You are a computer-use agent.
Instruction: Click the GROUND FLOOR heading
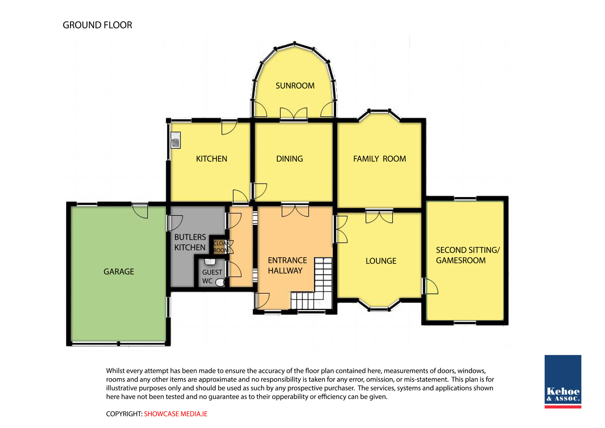[97, 25]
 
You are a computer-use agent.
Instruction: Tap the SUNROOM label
[295, 86]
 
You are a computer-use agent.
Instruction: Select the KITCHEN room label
[211, 159]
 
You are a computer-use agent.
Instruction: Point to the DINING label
[289, 159]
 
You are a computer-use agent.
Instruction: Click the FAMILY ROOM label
[380, 159]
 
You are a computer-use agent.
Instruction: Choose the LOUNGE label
[381, 261]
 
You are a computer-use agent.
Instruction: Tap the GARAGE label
[119, 272]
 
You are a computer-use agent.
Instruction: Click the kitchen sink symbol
[176, 140]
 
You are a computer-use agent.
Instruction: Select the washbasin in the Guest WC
[210, 262]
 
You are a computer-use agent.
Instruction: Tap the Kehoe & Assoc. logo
[563, 382]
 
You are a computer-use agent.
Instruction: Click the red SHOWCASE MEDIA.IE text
[176, 414]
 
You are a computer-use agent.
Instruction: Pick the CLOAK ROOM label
[221, 247]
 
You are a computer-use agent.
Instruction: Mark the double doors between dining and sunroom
[294, 114]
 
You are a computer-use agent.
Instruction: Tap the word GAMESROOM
[461, 261]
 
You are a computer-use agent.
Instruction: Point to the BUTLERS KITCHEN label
[190, 242]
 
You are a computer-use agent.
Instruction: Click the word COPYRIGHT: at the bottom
[124, 414]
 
